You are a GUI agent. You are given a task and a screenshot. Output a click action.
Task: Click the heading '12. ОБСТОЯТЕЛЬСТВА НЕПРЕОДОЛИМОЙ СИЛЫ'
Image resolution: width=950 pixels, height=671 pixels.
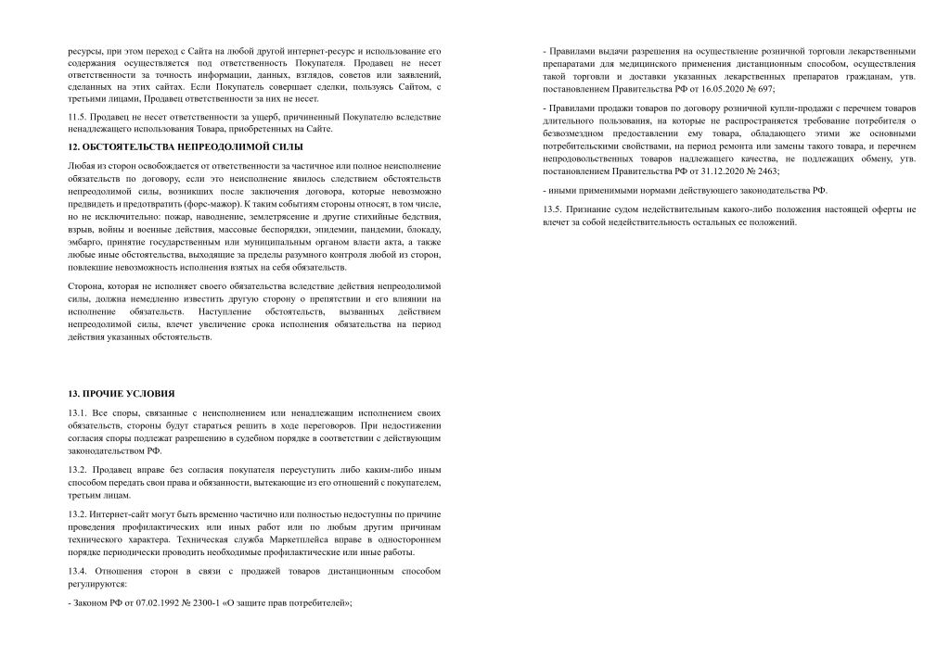[186, 147]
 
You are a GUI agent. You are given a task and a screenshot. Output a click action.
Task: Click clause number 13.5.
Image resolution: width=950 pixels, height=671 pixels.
[554, 209]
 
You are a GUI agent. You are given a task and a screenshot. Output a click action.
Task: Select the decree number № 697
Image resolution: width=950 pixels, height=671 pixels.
[762, 89]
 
